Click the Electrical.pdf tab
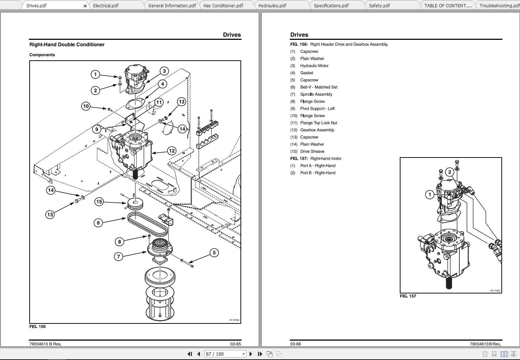106,5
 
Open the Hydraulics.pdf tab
272,5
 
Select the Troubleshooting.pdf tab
499,5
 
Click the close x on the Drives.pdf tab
85,6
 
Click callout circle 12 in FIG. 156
172,151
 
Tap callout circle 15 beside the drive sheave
99,202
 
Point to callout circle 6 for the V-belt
98,223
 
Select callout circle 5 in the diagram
214,253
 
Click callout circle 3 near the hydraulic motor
164,71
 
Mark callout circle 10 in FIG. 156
86,106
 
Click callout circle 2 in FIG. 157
450,172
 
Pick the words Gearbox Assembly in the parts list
317,130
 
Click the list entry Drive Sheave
312,151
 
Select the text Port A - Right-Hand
318,166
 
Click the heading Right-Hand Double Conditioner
67,45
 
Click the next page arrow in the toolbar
251,354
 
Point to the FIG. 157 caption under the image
408,296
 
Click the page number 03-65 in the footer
235,344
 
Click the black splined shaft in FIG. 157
449,283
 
